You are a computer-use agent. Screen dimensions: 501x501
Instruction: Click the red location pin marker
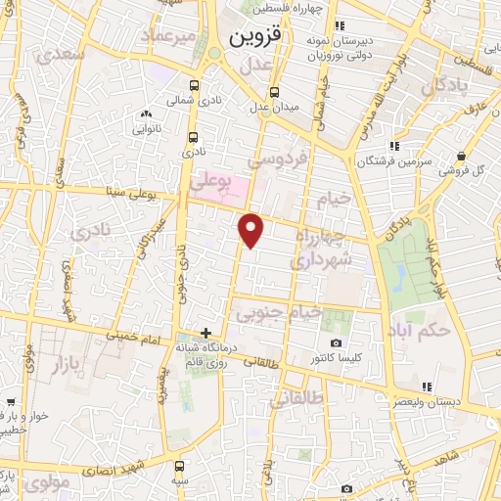click(x=252, y=229)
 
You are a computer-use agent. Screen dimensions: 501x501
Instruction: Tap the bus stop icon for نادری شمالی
click(x=193, y=84)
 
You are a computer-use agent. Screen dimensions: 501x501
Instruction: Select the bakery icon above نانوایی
click(x=146, y=114)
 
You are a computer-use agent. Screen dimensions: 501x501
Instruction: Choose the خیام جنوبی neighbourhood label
click(x=278, y=313)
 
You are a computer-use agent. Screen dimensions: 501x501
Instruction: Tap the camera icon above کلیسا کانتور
click(x=337, y=343)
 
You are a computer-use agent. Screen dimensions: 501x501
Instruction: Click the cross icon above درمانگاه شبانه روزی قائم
click(x=205, y=333)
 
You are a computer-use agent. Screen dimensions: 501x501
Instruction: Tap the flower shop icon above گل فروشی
click(x=461, y=155)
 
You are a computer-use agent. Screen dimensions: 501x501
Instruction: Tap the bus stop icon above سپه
click(x=179, y=466)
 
